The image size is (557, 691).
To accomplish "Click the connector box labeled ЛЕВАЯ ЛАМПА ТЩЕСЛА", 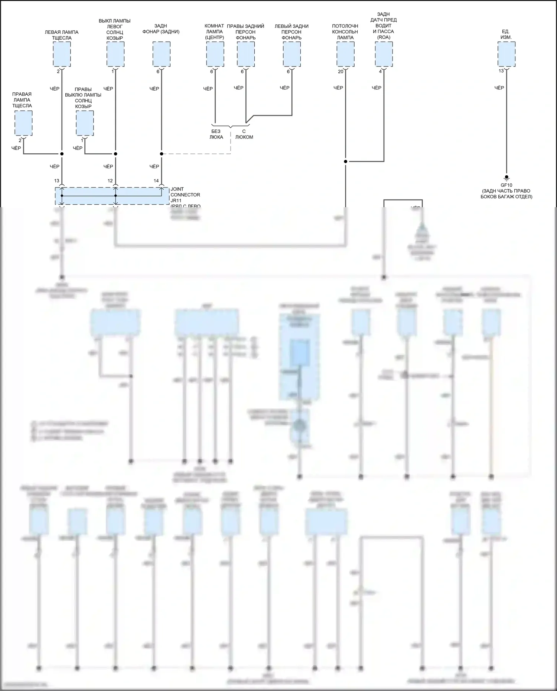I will click(x=62, y=54).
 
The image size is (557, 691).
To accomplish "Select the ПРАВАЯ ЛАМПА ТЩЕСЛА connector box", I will click(x=23, y=123).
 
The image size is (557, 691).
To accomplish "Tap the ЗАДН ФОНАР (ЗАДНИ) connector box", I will click(x=162, y=54).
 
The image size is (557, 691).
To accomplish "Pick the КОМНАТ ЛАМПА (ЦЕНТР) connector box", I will click(x=215, y=54).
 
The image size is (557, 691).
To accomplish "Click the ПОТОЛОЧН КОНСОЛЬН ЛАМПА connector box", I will click(x=345, y=54).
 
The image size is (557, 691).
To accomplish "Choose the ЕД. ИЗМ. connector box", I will click(x=506, y=54).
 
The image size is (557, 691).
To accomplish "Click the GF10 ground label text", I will click(x=506, y=185).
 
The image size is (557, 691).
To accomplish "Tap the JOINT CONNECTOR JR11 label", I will click(x=185, y=195).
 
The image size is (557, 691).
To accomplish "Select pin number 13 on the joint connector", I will click(x=57, y=181).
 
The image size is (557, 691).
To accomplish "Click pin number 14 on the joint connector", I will click(x=156, y=181).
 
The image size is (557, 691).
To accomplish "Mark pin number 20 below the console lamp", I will click(x=341, y=72).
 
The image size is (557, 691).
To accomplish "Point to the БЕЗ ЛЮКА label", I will click(x=216, y=134).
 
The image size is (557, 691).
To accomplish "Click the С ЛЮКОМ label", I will click(x=244, y=134).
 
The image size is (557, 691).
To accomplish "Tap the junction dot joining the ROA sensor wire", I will click(x=345, y=162).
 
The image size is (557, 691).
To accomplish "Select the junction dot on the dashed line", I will click(x=162, y=154).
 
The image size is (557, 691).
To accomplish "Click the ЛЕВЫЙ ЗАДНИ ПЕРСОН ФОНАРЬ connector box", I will click(x=292, y=54).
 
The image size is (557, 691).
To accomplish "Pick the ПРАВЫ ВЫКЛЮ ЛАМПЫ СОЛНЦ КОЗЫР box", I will click(x=85, y=123).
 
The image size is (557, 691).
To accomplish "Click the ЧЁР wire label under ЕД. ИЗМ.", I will click(x=499, y=88).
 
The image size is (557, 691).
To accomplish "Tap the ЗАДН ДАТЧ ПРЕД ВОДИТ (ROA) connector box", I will click(x=384, y=54).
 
